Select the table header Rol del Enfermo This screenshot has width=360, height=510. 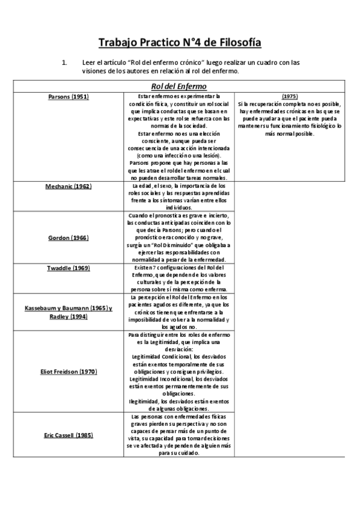pos(180,86)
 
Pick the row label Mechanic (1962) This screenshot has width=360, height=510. pos(68,186)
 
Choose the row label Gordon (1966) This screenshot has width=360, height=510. pos(68,238)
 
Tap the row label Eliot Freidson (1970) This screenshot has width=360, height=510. pos(68,372)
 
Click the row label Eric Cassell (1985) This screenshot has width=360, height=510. pos(68,434)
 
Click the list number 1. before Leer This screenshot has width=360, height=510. pos(66,63)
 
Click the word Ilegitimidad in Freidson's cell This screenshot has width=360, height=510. pos(144,402)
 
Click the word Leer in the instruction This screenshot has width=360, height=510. pos(89,63)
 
